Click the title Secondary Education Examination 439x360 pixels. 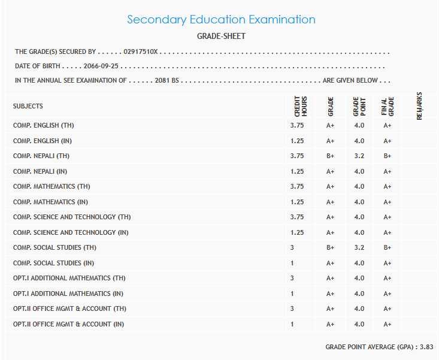coord(221,19)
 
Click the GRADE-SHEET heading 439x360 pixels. coord(221,37)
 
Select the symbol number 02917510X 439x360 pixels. coord(140,52)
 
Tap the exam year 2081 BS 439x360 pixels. coord(167,80)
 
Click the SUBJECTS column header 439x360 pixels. coord(28,106)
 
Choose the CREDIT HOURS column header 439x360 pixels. coord(300,107)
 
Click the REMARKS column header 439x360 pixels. coord(419,106)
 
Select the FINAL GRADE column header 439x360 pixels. coord(387,107)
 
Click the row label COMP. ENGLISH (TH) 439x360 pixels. coord(44,126)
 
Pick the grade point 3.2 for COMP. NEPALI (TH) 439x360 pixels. coord(359,156)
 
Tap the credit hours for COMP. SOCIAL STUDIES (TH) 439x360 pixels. coord(292,248)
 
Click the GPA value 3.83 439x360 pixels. coord(426,347)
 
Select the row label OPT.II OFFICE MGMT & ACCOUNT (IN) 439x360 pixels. coord(68,324)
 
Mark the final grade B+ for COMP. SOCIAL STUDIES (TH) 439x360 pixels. coord(387,248)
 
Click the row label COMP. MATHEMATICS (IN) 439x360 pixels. coord(50,202)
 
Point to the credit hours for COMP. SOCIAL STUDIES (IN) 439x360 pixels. coord(292,263)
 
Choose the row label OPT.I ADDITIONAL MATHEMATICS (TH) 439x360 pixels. coord(69,279)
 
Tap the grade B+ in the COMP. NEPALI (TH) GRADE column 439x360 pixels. coord(330,156)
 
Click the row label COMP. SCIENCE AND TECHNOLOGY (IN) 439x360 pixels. coord(71,232)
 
